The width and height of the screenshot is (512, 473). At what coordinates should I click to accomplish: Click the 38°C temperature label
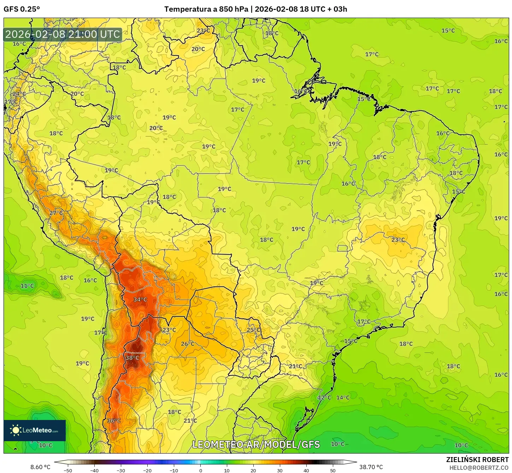pyautogui.click(x=132, y=358)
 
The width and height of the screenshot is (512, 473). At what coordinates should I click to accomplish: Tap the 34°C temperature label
pyautogui.click(x=140, y=299)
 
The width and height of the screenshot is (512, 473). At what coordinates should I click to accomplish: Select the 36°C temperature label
pyautogui.click(x=114, y=421)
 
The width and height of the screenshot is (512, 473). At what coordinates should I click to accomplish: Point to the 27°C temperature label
pyautogui.click(x=56, y=213)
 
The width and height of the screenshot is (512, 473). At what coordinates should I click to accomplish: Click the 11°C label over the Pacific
pyautogui.click(x=27, y=286)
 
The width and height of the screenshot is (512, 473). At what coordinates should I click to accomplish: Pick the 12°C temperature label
pyautogui.click(x=324, y=397)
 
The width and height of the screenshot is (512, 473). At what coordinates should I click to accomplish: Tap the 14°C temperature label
pyautogui.click(x=343, y=397)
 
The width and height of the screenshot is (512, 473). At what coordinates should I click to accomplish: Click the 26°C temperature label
pyautogui.click(x=187, y=344)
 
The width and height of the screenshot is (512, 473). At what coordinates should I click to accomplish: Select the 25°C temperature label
pyautogui.click(x=253, y=330)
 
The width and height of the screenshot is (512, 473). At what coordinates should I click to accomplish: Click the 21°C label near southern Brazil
pyautogui.click(x=295, y=366)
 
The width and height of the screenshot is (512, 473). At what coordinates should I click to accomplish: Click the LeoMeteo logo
pyautogui.click(x=35, y=430)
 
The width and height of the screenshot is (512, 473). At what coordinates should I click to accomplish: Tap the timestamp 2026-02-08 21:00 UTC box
pyautogui.click(x=63, y=34)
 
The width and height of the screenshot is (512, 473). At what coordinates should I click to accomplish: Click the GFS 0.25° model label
pyautogui.click(x=22, y=9)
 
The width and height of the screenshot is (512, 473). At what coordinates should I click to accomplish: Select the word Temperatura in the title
pyautogui.click(x=188, y=9)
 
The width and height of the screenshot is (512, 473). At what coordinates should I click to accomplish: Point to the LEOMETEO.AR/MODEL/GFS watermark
pyautogui.click(x=256, y=444)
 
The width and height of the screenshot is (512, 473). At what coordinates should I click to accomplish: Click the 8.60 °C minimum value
pyautogui.click(x=40, y=467)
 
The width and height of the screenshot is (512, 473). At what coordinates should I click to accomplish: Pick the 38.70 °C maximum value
pyautogui.click(x=371, y=467)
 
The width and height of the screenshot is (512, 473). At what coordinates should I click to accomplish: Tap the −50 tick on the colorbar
pyautogui.click(x=67, y=471)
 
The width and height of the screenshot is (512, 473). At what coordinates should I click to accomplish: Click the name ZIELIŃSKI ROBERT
pyautogui.click(x=477, y=460)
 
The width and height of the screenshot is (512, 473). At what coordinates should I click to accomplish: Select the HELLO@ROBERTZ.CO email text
pyautogui.click(x=479, y=468)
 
